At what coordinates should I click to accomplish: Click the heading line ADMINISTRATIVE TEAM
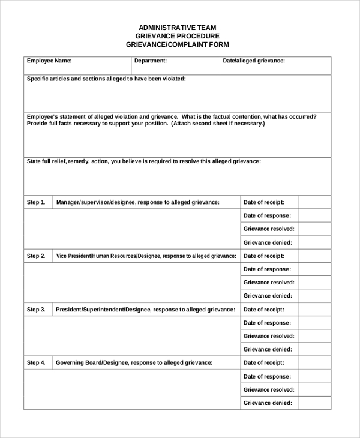pos(178,28)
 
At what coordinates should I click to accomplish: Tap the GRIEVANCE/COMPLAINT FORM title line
pos(178,44)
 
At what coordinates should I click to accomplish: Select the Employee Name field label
pos(49,61)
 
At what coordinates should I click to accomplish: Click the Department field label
pos(150,61)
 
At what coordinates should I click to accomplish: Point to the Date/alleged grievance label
pos(253,61)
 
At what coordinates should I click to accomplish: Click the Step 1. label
pos(36,203)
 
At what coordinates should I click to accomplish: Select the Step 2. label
pos(36,256)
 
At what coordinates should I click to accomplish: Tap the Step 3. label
pos(36,310)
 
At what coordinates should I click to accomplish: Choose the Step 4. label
pos(36,363)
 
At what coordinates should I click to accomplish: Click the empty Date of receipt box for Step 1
pos(314,203)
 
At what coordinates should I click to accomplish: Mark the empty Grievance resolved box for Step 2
pos(314,283)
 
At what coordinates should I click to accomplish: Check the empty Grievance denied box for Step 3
pos(314,349)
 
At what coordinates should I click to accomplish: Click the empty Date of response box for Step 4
pos(314,376)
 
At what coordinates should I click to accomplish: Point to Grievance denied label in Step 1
pos(268,243)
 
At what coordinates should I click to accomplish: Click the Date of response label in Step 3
pos(267,323)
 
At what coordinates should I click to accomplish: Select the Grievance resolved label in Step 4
pos(269,389)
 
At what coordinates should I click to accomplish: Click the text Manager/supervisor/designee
pos(95,203)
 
